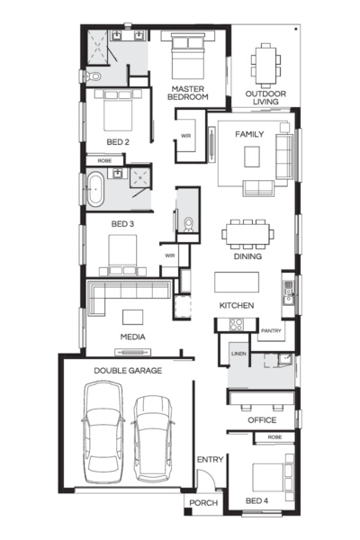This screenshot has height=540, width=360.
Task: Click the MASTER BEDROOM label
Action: [x=188, y=93]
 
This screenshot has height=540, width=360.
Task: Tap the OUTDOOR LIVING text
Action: [x=265, y=97]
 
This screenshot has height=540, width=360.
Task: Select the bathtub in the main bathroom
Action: [x=95, y=189]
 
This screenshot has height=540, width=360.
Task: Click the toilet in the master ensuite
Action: [x=93, y=76]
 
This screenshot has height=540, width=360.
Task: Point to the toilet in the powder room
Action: [x=188, y=224]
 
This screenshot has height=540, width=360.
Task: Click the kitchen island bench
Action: [x=237, y=282]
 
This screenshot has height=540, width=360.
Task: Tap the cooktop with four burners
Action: [x=237, y=324]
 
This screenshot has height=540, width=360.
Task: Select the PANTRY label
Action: [x=271, y=330]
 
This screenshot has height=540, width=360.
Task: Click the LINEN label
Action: [x=238, y=354]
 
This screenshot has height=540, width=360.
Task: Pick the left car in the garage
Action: [x=103, y=432]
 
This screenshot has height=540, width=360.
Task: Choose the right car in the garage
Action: [x=153, y=438]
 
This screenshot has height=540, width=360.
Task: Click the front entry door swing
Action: [x=207, y=477]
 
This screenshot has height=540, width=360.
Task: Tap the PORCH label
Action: [x=203, y=503]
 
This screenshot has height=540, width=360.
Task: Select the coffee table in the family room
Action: [x=252, y=157]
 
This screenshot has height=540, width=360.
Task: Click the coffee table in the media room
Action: [x=132, y=317]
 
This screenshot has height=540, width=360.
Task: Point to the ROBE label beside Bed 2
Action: [x=104, y=161]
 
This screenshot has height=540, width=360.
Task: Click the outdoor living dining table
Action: [x=265, y=66]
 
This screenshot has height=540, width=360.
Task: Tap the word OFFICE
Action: [x=262, y=420]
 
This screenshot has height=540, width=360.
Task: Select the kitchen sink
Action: [x=289, y=292]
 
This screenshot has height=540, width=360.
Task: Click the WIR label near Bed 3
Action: [x=170, y=256]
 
